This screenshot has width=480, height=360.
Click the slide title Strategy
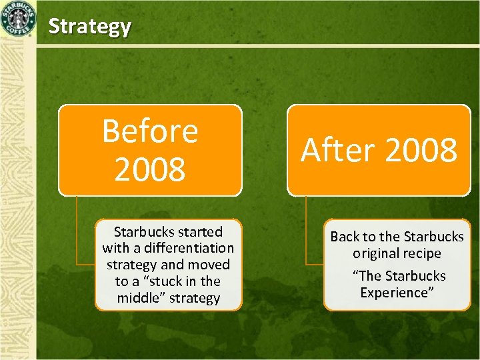pos(90,27)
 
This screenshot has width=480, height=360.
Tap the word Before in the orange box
pos(150,131)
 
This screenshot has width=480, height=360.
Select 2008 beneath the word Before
pos(150,169)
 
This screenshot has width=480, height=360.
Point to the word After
pos(338,151)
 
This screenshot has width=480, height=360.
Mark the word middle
pos(141,298)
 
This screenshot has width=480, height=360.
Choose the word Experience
pos(397,293)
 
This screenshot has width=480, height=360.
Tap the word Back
pos(345,237)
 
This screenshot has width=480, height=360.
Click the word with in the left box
pos(115,248)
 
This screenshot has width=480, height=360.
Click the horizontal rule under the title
pos(253,45)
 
